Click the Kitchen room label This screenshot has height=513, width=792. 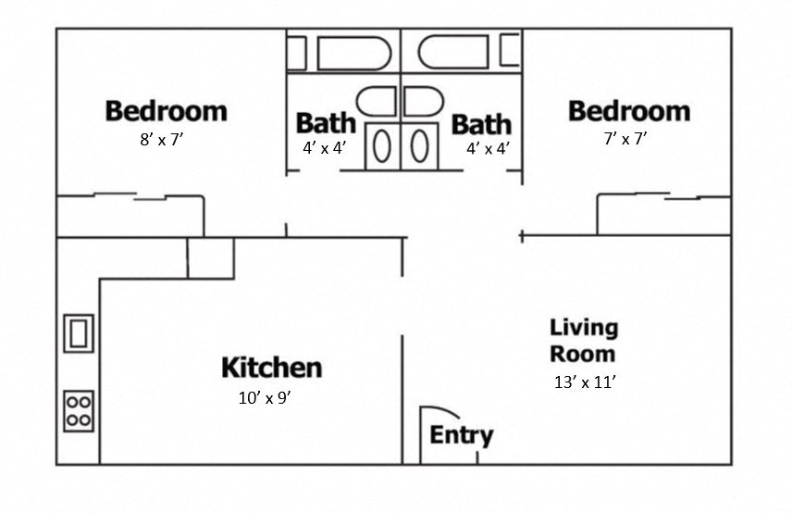(x=271, y=368)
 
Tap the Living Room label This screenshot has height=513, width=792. (x=583, y=340)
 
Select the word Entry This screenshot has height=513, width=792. (x=461, y=435)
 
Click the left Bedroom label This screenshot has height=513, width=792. (x=166, y=111)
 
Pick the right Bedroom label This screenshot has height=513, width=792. (x=628, y=111)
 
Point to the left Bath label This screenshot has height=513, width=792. (x=325, y=123)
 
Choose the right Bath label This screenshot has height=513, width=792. (x=481, y=124)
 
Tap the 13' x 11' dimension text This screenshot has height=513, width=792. (x=585, y=382)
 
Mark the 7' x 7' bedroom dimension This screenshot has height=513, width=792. (x=625, y=140)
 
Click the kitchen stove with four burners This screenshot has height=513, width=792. (x=79, y=410)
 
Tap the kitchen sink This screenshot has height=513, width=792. (x=79, y=332)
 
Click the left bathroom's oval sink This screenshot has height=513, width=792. (x=382, y=146)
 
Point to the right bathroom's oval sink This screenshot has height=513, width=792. (x=418, y=146)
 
